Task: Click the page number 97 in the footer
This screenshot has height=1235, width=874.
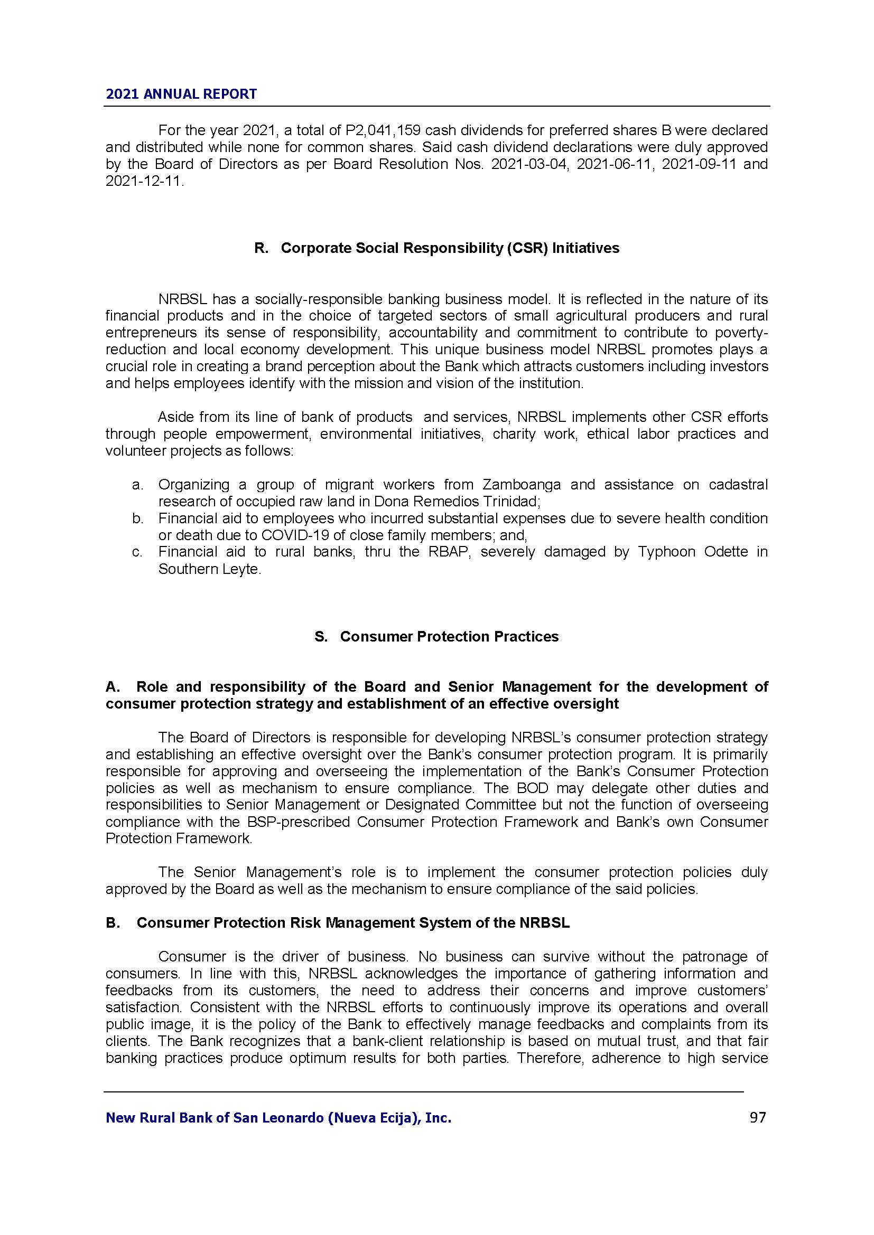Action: point(757,1118)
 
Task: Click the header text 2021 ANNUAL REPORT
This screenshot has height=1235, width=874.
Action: point(181,94)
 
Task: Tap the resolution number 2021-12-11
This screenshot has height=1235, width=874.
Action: point(143,181)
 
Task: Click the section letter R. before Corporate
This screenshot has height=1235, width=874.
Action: point(261,248)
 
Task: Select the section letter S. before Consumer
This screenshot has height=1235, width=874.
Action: point(321,636)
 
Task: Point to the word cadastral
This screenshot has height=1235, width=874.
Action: point(738,485)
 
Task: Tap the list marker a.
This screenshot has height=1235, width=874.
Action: point(137,485)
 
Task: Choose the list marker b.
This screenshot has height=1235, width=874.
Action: point(137,518)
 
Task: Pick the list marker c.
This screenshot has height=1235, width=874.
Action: point(137,552)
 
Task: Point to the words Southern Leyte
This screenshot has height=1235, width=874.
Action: point(209,569)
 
